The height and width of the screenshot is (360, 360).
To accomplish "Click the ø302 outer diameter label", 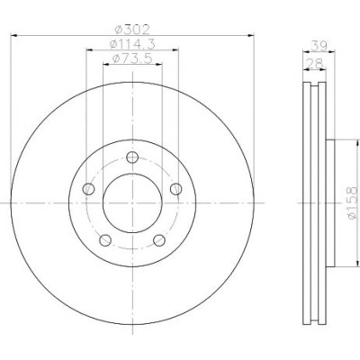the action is tap(132, 30).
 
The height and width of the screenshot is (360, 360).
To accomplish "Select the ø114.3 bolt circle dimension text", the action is tap(132, 44).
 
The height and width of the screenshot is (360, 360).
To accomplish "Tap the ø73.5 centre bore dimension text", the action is tap(132, 58).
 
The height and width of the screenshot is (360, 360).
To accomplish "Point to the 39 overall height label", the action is tap(319, 46).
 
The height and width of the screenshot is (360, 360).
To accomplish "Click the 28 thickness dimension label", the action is tap(314, 63).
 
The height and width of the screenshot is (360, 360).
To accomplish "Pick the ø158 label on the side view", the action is tap(353, 202).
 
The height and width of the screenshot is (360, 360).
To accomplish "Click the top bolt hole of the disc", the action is tap(132, 157).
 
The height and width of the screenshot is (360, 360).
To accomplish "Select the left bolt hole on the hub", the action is tap(88, 189).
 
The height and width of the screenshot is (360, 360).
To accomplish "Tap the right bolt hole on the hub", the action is tap(176, 189).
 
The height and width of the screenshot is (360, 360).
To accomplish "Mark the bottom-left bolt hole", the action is tap(105, 240).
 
